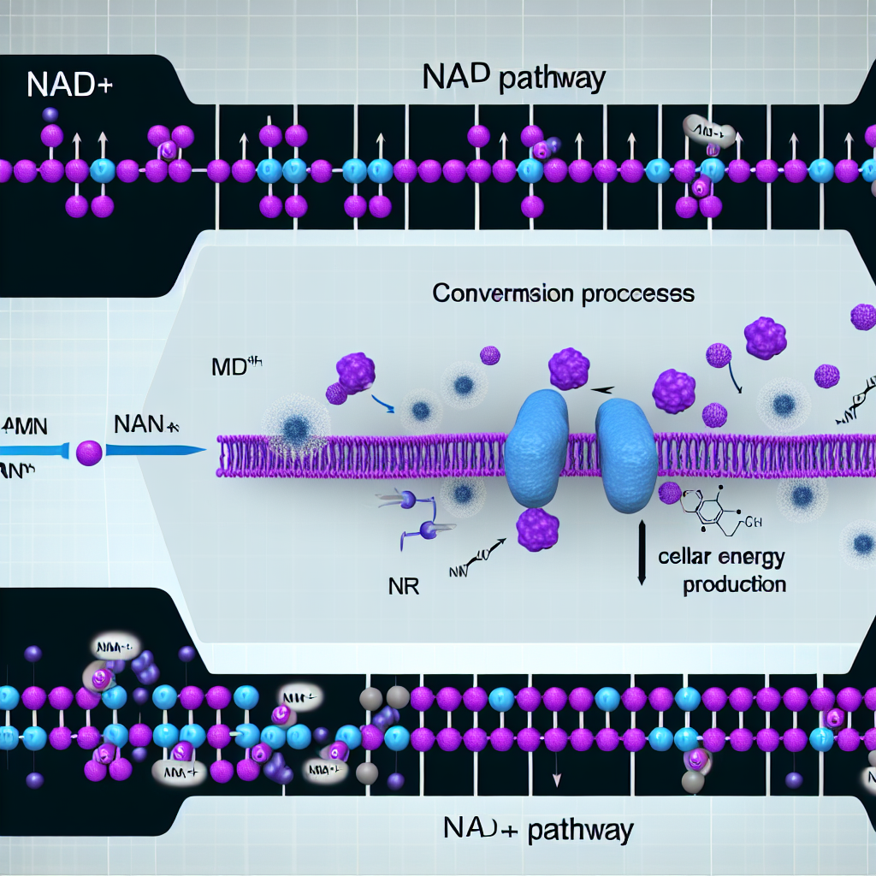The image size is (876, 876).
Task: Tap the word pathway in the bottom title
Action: tap(582, 829)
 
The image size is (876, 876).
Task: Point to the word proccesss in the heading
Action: tap(640, 294)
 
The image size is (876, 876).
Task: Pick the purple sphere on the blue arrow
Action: tap(89, 452)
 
